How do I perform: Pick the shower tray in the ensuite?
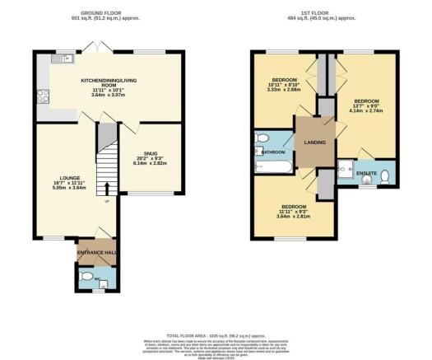[x=346, y=171]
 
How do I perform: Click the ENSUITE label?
[x=366, y=173]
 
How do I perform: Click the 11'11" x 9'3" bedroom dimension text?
[x=294, y=211]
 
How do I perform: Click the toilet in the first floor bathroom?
[x=262, y=139]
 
